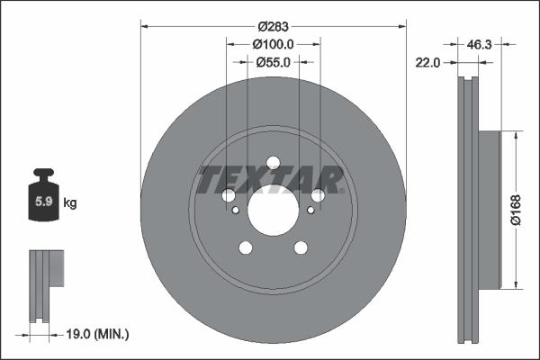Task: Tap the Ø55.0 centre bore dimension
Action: pos(273,62)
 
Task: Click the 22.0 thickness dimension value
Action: pos(427,62)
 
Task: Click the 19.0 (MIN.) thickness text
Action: pos(98,334)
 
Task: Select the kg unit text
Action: pos(70,203)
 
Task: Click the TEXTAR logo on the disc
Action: pos(271,180)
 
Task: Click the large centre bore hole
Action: pos(273,212)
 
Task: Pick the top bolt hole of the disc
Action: pos(273,163)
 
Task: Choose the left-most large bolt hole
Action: pos(228,196)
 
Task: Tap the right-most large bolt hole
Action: pos(319,196)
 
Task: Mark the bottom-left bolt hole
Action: pos(245,249)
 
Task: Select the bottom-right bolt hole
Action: pos(301,249)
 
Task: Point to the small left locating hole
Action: pos(236,210)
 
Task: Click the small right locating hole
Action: pos(310,210)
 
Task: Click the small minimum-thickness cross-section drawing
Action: pos(46,285)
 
